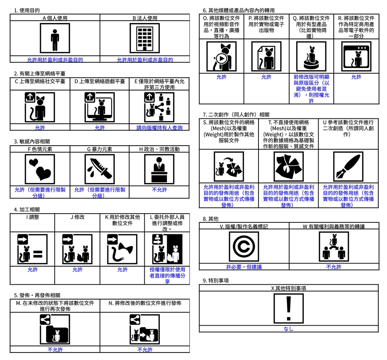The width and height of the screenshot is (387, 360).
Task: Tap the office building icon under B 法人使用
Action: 145,38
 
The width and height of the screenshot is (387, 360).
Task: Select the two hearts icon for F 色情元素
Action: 40,169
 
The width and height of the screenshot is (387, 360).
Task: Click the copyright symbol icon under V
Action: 244,247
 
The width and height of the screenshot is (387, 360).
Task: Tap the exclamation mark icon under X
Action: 288,309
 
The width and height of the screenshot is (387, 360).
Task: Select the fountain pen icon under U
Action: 348,167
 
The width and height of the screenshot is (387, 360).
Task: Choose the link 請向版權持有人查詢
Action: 159,128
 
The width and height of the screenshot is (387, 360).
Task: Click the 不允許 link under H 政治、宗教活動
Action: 159,189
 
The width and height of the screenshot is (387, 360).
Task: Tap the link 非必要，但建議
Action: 244,267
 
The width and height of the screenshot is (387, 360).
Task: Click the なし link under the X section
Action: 288,329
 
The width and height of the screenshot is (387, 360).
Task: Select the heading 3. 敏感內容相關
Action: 32,141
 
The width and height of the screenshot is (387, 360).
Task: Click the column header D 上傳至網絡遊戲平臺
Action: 100,81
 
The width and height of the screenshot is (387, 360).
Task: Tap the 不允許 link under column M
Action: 55,350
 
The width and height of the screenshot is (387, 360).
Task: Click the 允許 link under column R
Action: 356,77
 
